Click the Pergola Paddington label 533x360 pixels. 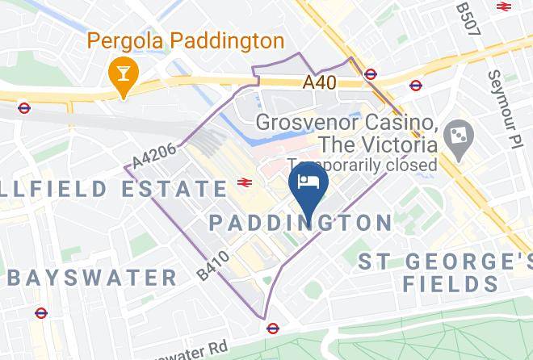[185, 40]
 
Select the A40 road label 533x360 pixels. [320, 82]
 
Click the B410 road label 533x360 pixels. [212, 266]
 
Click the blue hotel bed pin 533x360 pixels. [308, 183]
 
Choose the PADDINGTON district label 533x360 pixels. [300, 222]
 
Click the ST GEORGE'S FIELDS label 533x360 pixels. [447, 273]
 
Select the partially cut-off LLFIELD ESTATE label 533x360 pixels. [114, 189]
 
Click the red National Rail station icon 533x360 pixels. [242, 183]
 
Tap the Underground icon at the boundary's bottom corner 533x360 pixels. [272, 328]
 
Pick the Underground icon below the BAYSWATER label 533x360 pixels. [40, 312]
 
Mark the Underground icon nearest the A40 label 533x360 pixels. [370, 74]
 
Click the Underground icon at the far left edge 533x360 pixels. [24, 107]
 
